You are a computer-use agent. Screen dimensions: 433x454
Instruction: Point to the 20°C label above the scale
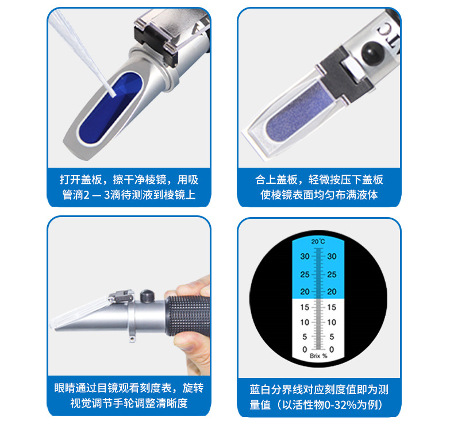point(318,242)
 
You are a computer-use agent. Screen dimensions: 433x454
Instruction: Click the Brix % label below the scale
point(318,356)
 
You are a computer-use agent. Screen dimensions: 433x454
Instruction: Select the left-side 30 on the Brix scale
point(305,257)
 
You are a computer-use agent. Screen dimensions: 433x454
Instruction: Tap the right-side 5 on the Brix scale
point(332,336)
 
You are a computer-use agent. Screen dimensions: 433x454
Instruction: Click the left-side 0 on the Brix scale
point(305,349)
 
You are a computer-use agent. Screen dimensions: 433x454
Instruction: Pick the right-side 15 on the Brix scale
point(332,307)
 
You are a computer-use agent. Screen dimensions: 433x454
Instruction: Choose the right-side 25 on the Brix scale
point(332,275)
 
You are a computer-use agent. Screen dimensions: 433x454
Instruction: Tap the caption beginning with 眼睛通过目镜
point(128,396)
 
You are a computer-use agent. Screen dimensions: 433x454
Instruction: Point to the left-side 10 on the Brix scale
point(305,322)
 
